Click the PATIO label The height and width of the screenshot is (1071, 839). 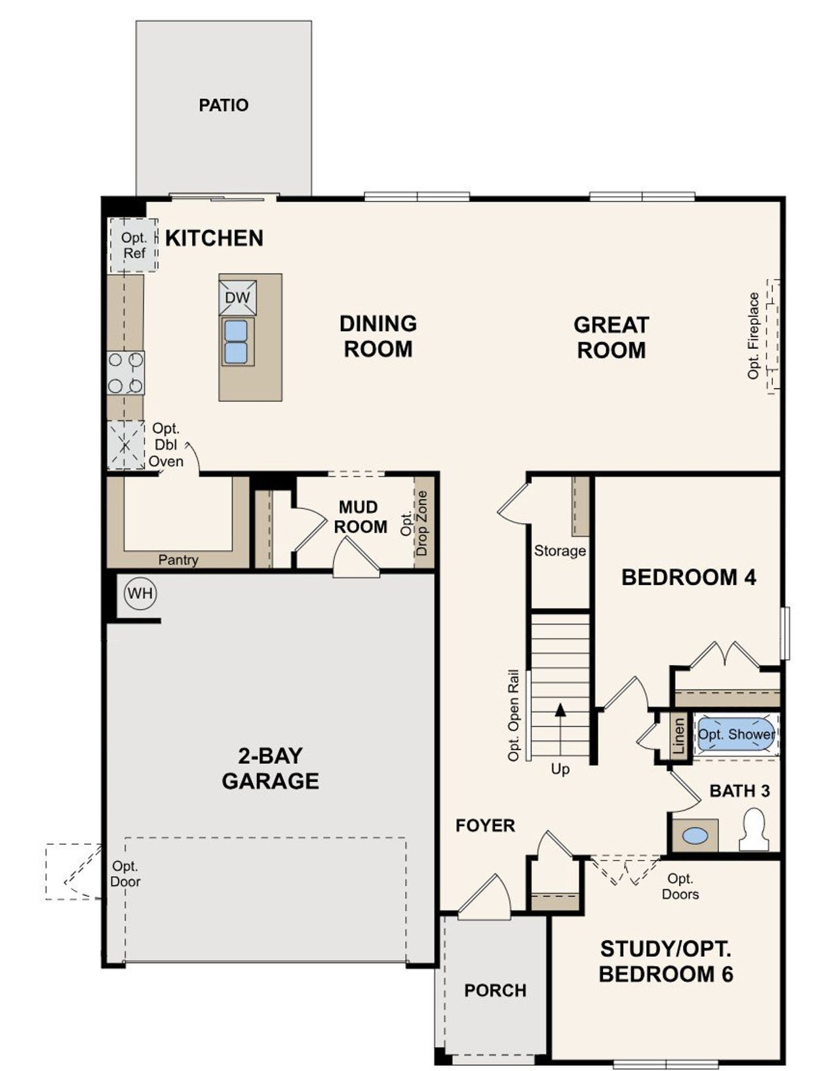pos(224,105)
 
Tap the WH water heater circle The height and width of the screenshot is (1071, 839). pos(140,594)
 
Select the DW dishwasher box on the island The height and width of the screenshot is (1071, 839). pos(237,298)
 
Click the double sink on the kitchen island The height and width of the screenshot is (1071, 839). pos(236,341)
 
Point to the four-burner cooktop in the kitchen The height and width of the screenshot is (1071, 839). pos(126,373)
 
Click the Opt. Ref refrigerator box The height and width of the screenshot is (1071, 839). pos(134,245)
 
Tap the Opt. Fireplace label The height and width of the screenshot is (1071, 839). pos(753,335)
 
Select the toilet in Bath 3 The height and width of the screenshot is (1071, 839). pos(754,830)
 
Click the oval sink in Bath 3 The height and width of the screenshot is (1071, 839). pos(695,836)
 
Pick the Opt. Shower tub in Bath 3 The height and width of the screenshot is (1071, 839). pos(735,735)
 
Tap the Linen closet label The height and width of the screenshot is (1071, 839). pos(679,736)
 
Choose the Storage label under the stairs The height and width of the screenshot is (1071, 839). pos(560,551)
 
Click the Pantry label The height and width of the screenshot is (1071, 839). pos(178,560)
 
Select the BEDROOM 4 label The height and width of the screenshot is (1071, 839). pos(688,578)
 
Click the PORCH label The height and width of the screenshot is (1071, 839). pos(495,990)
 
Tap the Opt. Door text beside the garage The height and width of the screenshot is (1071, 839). pos(125,874)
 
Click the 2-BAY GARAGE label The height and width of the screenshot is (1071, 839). pos(270,769)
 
